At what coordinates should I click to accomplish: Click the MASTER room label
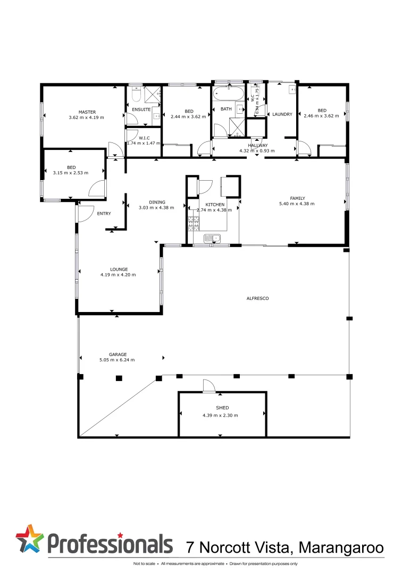click(87, 112)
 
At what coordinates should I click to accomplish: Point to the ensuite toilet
click(135, 95)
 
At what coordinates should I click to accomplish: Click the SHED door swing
click(208, 386)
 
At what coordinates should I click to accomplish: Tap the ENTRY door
click(84, 213)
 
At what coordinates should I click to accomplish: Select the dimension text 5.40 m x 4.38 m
click(297, 204)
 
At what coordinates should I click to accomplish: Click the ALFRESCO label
click(258, 299)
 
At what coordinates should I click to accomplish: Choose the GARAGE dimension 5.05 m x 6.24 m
click(118, 360)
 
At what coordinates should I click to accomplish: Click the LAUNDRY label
click(282, 114)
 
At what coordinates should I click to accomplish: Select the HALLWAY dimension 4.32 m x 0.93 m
click(257, 150)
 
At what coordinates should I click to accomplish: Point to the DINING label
click(157, 202)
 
